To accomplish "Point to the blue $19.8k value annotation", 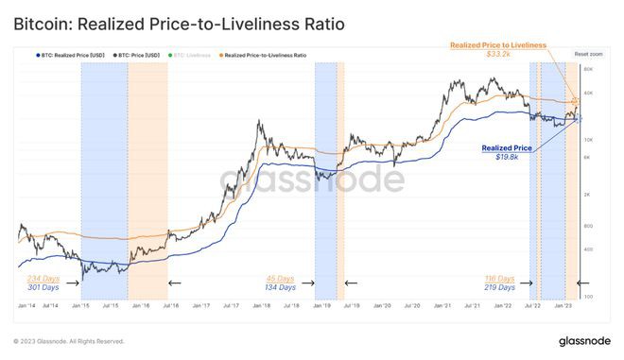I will pyautogui.click(x=502, y=159).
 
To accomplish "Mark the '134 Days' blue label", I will pyautogui.click(x=281, y=287).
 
